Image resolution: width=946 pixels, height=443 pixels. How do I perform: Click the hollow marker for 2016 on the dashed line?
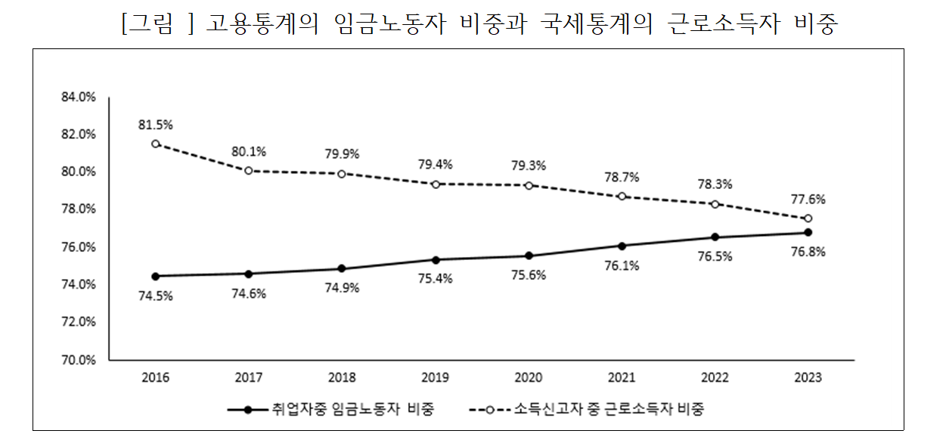point(155,144)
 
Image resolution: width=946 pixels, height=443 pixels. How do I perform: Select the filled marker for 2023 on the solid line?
point(808,232)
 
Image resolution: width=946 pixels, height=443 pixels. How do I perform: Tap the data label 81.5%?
point(155,124)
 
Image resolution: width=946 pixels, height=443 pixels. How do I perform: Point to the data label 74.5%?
point(155,296)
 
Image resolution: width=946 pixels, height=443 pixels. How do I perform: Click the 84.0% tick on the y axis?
point(78,98)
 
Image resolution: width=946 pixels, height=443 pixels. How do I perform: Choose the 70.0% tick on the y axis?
point(78,361)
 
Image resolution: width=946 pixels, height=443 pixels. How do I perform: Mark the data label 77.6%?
point(808,200)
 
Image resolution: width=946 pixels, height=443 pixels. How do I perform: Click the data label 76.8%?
point(808,252)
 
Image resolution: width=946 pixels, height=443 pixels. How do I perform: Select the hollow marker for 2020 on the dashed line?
point(529,185)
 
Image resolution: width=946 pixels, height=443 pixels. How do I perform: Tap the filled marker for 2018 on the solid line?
point(342,268)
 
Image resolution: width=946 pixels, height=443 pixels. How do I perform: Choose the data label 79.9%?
point(342,154)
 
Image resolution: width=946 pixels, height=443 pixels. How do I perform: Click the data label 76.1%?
point(622,265)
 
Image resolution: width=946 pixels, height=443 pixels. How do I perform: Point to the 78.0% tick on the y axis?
point(78,209)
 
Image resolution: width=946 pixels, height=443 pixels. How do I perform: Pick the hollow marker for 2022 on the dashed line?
point(715,204)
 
